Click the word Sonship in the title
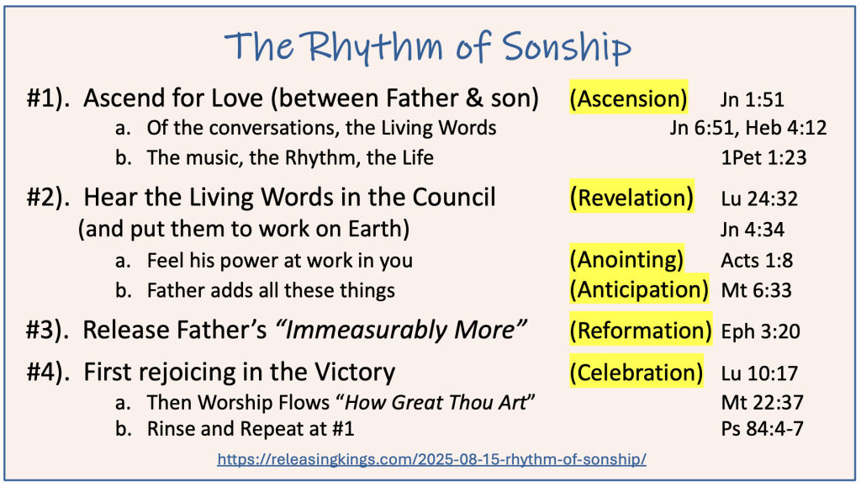pyautogui.click(x=567, y=46)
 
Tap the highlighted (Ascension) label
pyautogui.click(x=628, y=98)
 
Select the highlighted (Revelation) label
pyautogui.click(x=631, y=198)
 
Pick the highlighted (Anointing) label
pyautogui.click(x=626, y=259)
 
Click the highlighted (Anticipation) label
pyautogui.click(x=639, y=289)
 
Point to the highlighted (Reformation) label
pyautogui.click(x=641, y=331)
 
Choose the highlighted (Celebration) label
pyautogui.click(x=637, y=373)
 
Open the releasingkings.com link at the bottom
pyautogui.click(x=431, y=459)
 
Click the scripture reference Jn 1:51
pyautogui.click(x=752, y=99)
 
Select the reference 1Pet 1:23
pyautogui.click(x=763, y=158)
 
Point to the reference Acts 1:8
pyautogui.click(x=757, y=260)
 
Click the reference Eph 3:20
pyautogui.click(x=760, y=331)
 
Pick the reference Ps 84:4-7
pyautogui.click(x=762, y=428)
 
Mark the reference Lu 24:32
pyautogui.click(x=759, y=199)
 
